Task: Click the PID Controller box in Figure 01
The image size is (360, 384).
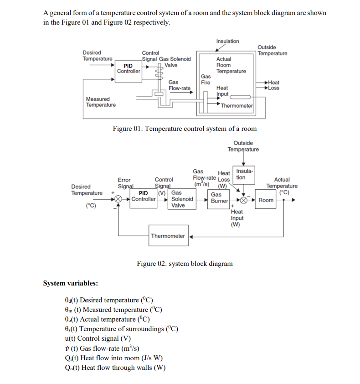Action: (x=129, y=68)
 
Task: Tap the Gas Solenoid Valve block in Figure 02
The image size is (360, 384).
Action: (x=181, y=199)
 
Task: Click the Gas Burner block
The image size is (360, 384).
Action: (x=219, y=197)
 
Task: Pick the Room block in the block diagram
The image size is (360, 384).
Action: (x=266, y=200)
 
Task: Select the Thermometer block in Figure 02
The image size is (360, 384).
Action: (x=168, y=236)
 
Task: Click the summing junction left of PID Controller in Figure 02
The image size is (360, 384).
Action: (x=118, y=199)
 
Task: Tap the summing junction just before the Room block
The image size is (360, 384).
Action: (x=244, y=200)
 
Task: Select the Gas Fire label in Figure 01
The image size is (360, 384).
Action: (x=206, y=79)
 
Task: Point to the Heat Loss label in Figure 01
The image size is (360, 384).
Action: (x=273, y=85)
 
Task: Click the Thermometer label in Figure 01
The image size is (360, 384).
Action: (x=237, y=105)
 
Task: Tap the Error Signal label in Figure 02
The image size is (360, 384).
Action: (x=124, y=183)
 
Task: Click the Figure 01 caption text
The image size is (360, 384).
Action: (x=185, y=129)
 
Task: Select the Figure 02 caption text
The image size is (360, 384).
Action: (x=185, y=264)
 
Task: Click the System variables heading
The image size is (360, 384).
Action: (x=70, y=283)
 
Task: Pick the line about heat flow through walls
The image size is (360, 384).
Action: (x=115, y=368)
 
